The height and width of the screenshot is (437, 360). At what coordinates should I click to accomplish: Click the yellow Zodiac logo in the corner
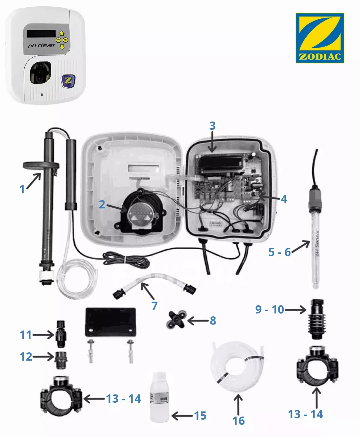(x=320, y=38)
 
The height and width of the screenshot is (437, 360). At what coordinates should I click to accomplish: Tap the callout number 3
(x=212, y=126)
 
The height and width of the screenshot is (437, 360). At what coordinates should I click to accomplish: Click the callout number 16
(x=238, y=421)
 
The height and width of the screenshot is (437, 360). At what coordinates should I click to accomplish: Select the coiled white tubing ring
(x=237, y=366)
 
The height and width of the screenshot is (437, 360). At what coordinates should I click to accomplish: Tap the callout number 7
(x=154, y=306)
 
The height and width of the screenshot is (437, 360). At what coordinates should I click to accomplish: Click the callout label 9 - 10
(x=269, y=309)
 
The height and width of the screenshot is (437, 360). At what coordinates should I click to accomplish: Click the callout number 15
(x=200, y=416)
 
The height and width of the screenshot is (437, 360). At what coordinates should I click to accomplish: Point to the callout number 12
(x=26, y=357)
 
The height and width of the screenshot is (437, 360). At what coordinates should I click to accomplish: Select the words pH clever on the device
(x=41, y=45)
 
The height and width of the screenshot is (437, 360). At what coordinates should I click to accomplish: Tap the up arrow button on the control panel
(x=62, y=33)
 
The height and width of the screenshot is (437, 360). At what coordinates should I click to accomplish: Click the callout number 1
(x=22, y=189)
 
